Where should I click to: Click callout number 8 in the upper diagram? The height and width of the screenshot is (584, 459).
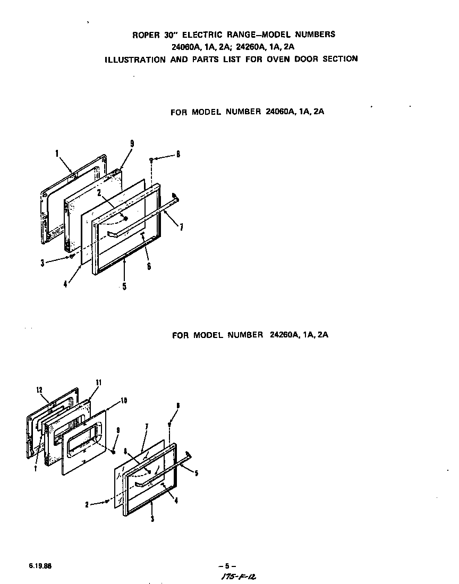click(178, 155)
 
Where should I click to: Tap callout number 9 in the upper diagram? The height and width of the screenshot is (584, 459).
click(132, 144)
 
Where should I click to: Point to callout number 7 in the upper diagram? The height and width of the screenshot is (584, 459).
click(182, 227)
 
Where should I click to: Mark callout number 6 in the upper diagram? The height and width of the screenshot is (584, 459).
click(149, 266)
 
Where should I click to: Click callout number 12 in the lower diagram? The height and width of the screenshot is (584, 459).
click(39, 390)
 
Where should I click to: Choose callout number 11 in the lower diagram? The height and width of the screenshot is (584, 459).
click(98, 383)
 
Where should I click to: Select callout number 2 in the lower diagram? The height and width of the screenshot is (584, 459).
click(87, 505)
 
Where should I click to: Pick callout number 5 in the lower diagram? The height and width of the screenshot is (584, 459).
click(196, 473)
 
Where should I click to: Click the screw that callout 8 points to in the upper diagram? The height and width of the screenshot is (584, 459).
click(152, 159)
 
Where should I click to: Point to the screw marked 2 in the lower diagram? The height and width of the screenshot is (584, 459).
click(107, 501)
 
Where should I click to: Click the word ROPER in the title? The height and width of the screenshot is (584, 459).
click(144, 35)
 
